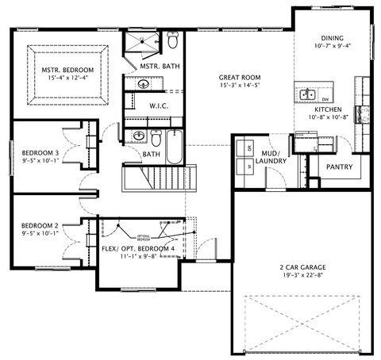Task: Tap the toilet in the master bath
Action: [172, 39]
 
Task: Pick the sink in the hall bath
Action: [138, 136]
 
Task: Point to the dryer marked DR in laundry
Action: [248, 148]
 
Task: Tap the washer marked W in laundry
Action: [248, 167]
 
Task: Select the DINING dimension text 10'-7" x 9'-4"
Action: [333, 45]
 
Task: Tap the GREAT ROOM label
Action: [240, 78]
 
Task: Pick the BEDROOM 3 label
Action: [40, 152]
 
